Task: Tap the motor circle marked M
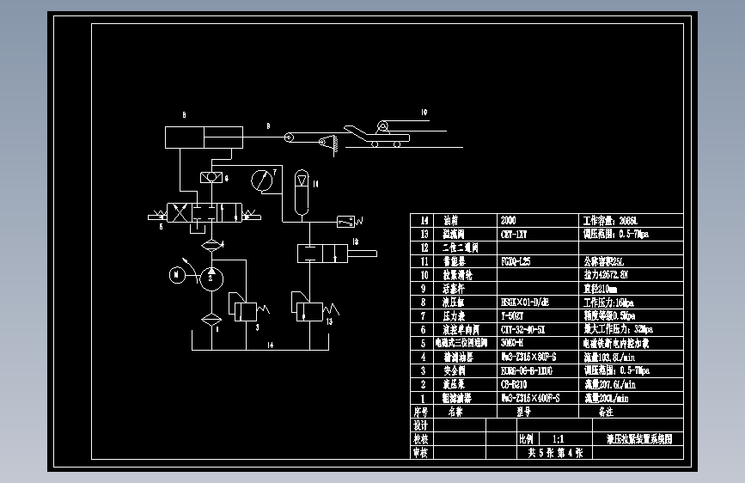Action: [175, 275]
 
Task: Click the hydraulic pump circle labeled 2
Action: [211, 277]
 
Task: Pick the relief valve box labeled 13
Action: [311, 309]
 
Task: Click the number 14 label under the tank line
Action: [269, 345]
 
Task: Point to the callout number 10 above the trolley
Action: [423, 113]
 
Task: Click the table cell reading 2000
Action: [510, 220]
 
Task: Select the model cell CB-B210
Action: [514, 383]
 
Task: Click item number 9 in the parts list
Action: [423, 289]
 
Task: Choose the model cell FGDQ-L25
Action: [518, 260]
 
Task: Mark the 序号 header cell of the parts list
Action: [421, 412]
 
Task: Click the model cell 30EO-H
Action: [513, 342]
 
